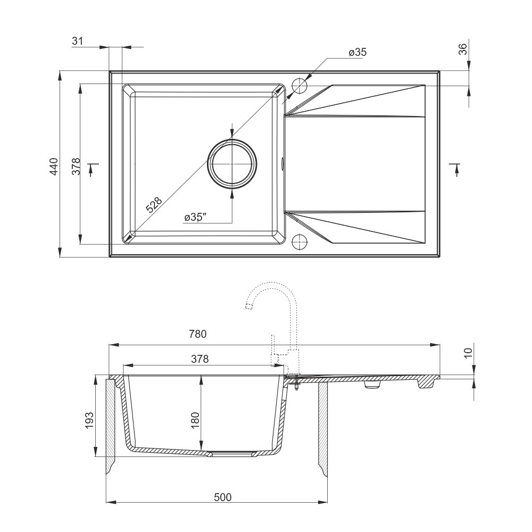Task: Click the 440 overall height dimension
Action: pyautogui.click(x=54, y=166)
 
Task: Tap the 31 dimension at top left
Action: pyautogui.click(x=77, y=41)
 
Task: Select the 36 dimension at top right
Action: pyautogui.click(x=463, y=49)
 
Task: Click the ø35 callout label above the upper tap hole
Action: pyautogui.click(x=358, y=52)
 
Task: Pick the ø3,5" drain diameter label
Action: pyautogui.click(x=196, y=217)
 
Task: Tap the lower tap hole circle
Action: pyautogui.click(x=300, y=241)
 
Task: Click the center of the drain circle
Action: pyautogui.click(x=232, y=163)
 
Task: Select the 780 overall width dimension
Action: pyautogui.click(x=198, y=334)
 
